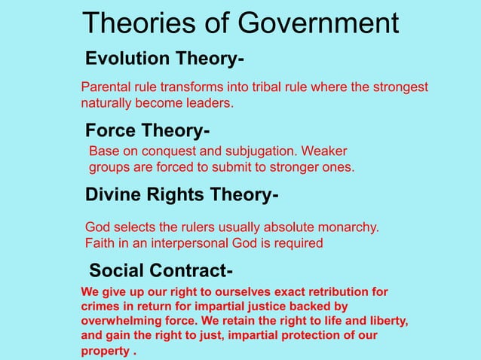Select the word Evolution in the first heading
pos(127,59)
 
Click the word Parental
pos(104,87)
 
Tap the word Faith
pos(100,243)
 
